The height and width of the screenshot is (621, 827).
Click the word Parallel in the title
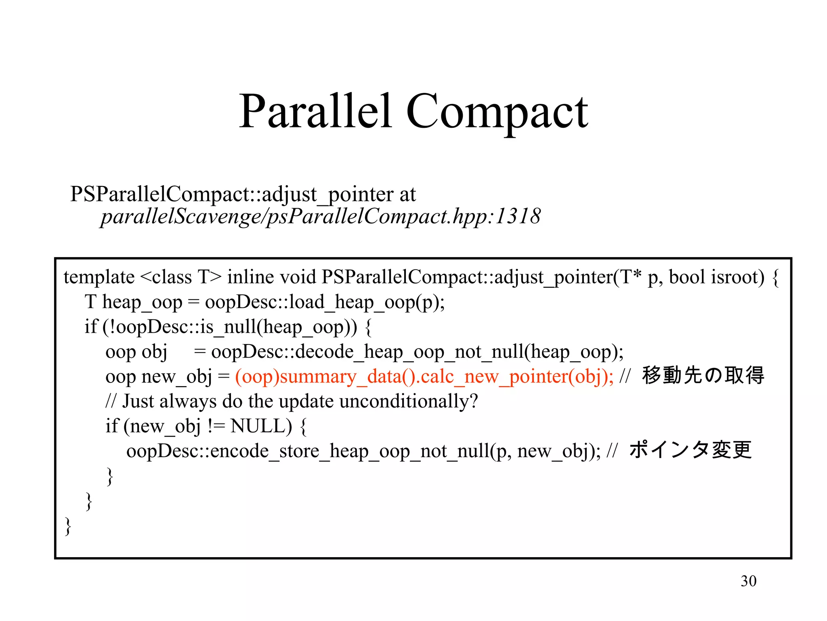pos(315,111)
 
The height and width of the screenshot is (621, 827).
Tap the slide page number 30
pos(748,581)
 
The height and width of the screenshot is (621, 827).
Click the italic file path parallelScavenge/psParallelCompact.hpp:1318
pos(320,216)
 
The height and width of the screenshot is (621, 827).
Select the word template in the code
pos(99,277)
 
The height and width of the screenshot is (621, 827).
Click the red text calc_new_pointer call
pos(424,377)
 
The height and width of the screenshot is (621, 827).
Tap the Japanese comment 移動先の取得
pos(703,375)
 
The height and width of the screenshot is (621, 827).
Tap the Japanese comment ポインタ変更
pos(691,450)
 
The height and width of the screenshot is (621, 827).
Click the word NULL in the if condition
pos(261,426)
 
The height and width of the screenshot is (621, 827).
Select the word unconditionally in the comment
pos(408,401)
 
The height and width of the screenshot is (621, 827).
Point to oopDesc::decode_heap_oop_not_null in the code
pos(367,352)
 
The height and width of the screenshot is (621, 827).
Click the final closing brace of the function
pos(68,526)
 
